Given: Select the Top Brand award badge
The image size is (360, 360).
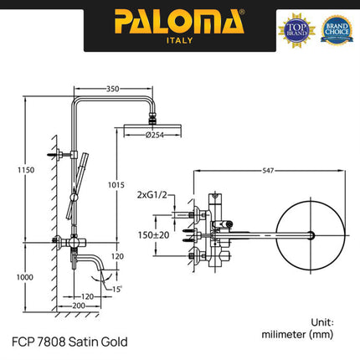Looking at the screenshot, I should (297, 28).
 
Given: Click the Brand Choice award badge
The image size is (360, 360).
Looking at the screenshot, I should (336, 28).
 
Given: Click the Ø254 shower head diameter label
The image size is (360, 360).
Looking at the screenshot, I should (152, 135).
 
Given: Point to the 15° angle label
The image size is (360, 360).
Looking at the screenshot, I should (117, 289).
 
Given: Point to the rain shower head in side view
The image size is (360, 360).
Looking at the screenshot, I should (152, 125).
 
